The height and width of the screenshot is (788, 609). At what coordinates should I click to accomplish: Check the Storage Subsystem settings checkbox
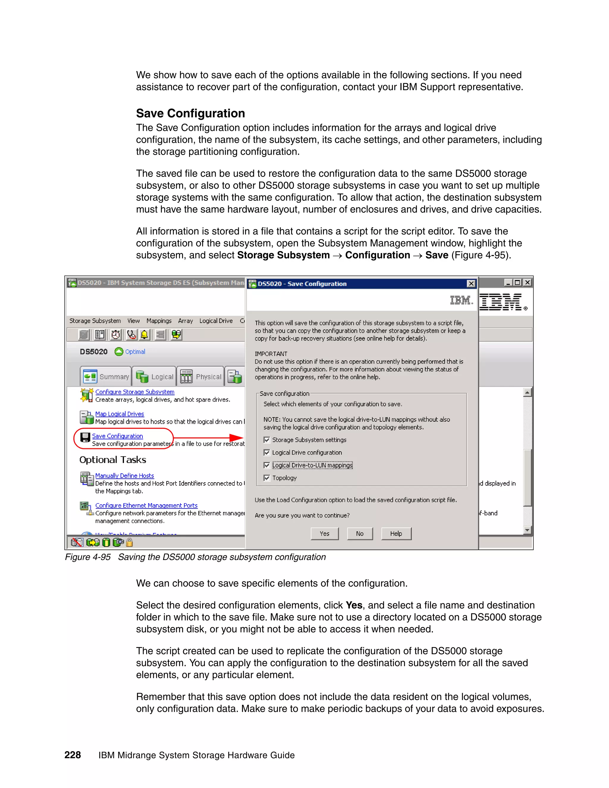[x=267, y=440]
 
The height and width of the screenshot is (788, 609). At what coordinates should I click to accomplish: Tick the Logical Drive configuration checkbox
[x=267, y=453]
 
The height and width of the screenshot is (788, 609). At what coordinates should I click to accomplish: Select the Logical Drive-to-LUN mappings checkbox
[x=267, y=465]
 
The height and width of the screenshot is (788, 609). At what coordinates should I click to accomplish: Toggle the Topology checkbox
[x=267, y=478]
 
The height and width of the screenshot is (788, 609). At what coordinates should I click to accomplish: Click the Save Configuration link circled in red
[x=117, y=436]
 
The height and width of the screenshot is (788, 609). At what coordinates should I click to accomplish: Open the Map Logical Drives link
[x=120, y=414]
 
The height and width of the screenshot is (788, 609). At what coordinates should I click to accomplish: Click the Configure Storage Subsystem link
[x=135, y=392]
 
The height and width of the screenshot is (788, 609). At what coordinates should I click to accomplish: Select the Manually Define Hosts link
[x=125, y=475]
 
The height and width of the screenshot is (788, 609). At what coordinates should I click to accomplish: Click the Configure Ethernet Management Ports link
[x=146, y=506]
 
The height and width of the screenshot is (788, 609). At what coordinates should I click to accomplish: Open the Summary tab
[x=106, y=377]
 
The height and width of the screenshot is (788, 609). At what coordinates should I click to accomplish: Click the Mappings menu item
[x=159, y=321]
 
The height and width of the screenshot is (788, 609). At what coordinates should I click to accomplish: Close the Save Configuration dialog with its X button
[x=471, y=284]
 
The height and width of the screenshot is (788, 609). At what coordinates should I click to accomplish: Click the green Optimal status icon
[x=119, y=351]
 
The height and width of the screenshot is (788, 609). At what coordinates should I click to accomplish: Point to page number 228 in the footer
[x=73, y=755]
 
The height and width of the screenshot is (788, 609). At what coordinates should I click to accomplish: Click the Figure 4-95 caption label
[x=88, y=557]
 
